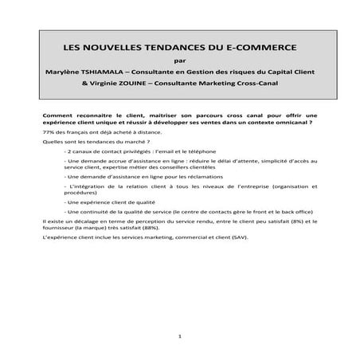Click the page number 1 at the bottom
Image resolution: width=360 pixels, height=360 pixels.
[x=181, y=337]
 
